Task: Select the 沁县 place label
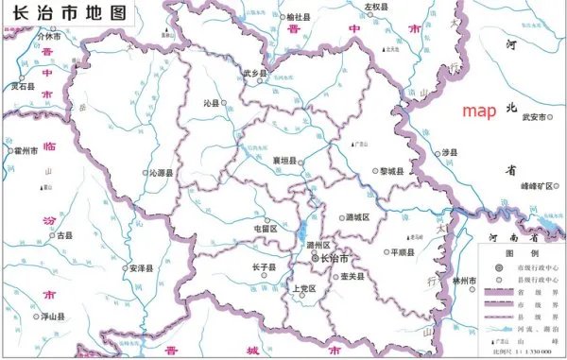211,101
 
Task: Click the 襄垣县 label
285,161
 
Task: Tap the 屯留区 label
265,228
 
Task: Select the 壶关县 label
351,276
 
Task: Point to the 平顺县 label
401,252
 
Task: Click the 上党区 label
302,288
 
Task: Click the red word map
479,111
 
